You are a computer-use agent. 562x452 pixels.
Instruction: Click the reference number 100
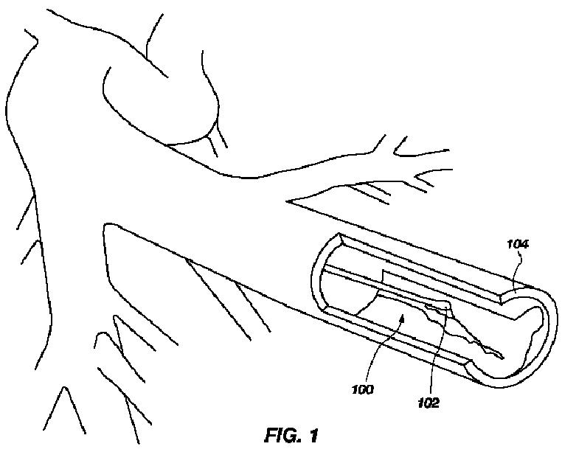[363, 389]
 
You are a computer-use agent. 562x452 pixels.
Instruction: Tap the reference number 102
[427, 403]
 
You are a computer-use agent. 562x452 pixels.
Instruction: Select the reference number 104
[518, 243]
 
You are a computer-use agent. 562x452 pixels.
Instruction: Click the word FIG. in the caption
[283, 436]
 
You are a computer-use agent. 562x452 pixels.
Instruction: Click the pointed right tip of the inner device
[504, 358]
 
